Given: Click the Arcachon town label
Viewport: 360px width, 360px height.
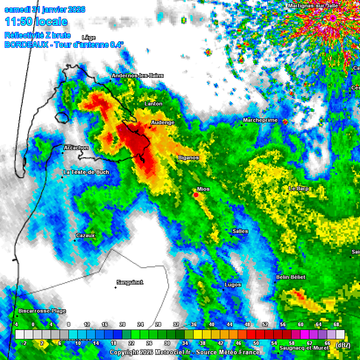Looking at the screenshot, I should (x=76, y=148).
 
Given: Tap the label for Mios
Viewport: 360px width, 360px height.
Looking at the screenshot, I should (x=203, y=189).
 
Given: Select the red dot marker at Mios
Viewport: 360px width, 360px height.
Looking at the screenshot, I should (x=196, y=195).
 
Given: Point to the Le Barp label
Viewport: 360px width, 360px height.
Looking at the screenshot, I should (x=299, y=188).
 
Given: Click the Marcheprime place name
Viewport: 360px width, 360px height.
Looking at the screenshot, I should (x=260, y=120).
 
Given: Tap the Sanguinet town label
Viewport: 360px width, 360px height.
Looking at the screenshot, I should (x=129, y=282).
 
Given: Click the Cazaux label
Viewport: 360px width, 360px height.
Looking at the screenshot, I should (x=85, y=235).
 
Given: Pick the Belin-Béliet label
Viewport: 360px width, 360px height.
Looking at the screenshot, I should (x=291, y=277).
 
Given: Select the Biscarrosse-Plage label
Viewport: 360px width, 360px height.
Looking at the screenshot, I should (x=42, y=311).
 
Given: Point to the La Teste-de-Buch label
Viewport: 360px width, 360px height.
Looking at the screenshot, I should (x=86, y=172).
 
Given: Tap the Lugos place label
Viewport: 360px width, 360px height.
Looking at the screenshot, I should (x=233, y=285).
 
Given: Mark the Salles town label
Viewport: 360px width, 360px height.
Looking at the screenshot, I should (x=240, y=231).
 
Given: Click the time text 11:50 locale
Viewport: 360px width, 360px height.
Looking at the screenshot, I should (x=36, y=22).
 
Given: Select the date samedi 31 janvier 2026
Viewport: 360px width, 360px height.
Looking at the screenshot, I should (x=45, y=9).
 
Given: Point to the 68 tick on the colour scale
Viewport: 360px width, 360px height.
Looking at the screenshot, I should (x=336, y=324).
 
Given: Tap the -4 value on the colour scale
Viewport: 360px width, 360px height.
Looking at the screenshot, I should (x=15, y=324).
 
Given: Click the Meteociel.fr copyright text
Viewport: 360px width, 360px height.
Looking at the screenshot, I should (x=185, y=352).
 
